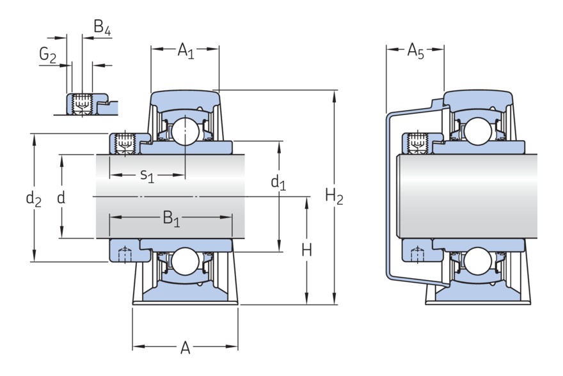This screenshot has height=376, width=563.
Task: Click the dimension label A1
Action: [185, 50]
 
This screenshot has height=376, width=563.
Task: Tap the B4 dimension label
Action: [103, 27]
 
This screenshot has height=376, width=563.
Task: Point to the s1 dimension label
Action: [147, 175]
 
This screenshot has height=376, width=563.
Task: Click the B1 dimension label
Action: [171, 219]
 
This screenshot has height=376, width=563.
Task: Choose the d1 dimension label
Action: [278, 184]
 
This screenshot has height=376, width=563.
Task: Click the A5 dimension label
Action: [416, 51]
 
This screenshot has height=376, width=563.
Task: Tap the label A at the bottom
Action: [185, 348]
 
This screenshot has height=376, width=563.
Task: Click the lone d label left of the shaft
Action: [61, 198]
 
